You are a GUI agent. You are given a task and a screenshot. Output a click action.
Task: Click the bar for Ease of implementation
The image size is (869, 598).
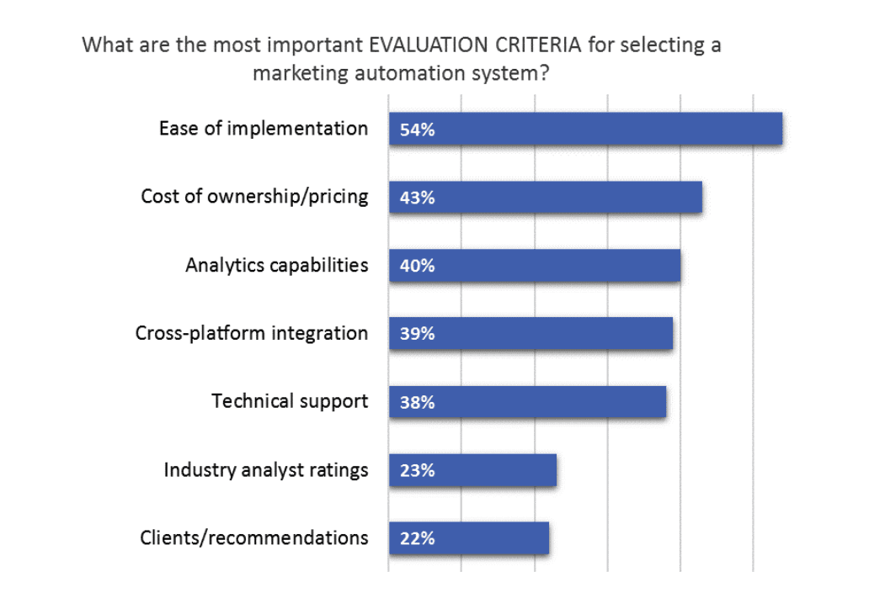585,130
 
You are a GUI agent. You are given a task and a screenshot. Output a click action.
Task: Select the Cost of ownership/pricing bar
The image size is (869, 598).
546,198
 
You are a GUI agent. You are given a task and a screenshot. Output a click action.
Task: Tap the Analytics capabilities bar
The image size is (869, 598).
535,266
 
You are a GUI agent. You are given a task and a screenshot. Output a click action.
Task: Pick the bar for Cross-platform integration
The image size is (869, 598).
530,334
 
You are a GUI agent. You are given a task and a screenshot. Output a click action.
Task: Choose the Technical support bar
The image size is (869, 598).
527,402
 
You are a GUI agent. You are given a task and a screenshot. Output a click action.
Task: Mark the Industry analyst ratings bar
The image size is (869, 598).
472,470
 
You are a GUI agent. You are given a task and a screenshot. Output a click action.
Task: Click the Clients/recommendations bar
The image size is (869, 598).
469,538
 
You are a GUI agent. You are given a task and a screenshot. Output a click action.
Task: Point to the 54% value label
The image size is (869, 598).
418,130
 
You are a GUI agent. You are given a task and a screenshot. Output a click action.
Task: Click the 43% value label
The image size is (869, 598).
418,198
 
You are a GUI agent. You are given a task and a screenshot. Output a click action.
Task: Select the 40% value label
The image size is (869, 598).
418,267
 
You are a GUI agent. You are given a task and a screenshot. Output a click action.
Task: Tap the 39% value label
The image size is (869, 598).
418,335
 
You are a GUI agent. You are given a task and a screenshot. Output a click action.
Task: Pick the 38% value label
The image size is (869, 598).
418,403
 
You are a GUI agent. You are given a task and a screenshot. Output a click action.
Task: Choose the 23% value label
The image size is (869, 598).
418,471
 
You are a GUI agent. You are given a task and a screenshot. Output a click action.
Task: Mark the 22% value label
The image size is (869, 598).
418,539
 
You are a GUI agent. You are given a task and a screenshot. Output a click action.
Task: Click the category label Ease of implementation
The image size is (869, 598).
264,129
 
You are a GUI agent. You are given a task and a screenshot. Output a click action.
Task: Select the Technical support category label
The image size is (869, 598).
290,401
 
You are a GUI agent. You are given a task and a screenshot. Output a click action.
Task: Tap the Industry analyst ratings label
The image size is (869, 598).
266,469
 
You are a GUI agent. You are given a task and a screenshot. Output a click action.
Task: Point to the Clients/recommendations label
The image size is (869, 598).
254,537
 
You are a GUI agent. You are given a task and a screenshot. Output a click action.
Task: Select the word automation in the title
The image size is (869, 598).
411,73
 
